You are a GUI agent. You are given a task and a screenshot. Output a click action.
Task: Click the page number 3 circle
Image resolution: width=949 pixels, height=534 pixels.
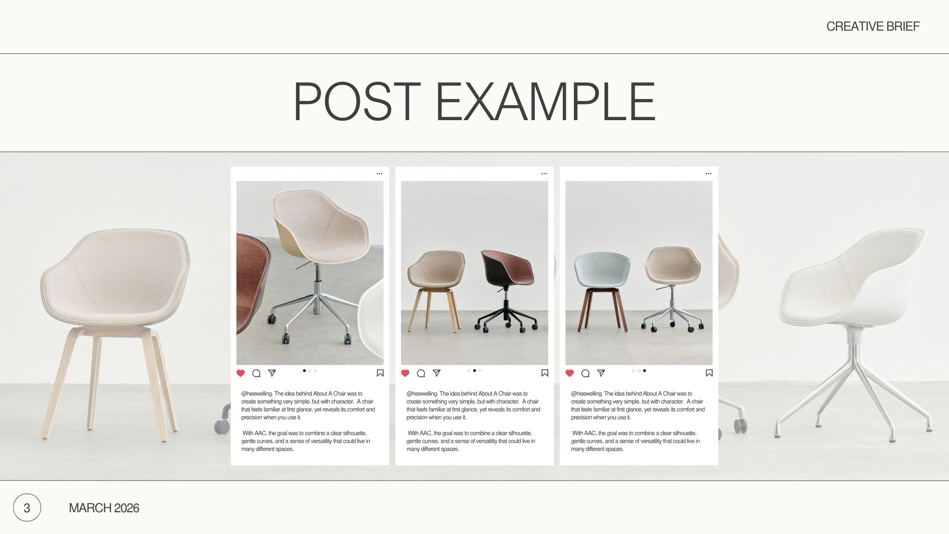click(27, 507)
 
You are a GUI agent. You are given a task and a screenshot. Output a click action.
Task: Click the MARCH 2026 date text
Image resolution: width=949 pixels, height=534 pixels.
click(104, 508)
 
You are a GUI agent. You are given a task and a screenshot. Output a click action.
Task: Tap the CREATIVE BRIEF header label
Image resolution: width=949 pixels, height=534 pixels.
click(873, 26)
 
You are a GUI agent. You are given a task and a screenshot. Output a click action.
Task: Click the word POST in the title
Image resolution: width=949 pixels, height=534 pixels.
click(357, 101)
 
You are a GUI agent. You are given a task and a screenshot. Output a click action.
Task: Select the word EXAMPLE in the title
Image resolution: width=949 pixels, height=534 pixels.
click(545, 101)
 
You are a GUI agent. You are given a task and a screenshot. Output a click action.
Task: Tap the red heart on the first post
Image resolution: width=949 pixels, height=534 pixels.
click(241, 373)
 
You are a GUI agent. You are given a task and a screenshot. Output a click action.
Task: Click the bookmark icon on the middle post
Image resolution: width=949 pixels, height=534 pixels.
click(545, 373)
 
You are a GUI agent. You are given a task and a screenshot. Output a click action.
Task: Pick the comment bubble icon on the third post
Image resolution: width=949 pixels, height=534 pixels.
click(585, 373)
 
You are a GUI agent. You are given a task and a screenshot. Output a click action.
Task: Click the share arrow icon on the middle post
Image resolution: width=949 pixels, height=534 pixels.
click(436, 373)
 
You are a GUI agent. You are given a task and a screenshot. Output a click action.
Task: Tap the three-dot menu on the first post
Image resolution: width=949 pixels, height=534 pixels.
click(380, 174)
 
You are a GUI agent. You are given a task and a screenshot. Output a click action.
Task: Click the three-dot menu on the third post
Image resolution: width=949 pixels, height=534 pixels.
click(708, 174)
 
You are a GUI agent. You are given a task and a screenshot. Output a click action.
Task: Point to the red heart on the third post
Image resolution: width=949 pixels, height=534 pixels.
click(569, 373)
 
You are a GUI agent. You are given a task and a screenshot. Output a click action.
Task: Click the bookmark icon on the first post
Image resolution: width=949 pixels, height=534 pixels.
click(380, 373)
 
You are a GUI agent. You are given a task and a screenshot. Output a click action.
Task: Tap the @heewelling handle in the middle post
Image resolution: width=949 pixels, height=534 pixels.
click(422, 394)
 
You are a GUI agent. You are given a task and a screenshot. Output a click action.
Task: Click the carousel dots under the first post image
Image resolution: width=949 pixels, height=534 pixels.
click(310, 370)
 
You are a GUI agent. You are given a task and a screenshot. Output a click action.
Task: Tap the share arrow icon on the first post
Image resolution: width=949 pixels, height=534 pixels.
click(272, 373)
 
